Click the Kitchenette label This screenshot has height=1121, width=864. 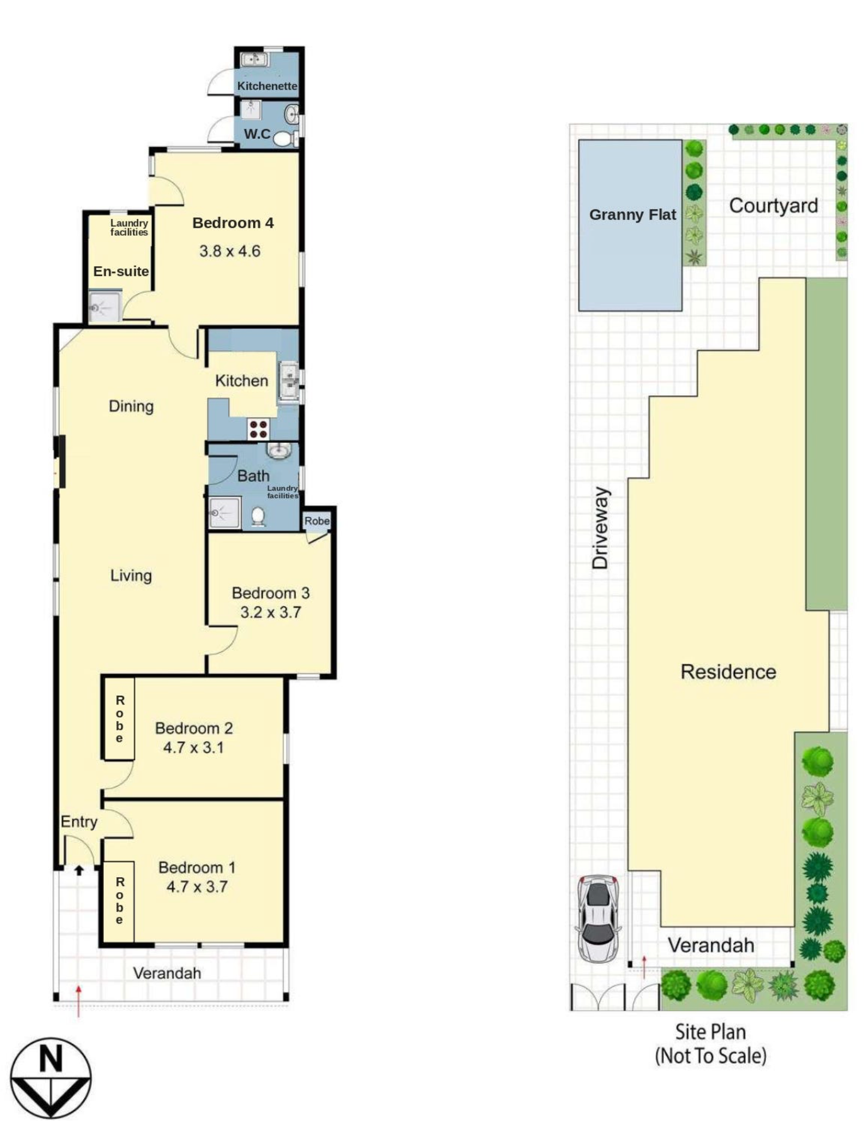point(267,86)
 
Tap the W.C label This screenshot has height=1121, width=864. point(257,134)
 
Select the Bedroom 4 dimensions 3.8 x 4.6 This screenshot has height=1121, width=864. point(230,251)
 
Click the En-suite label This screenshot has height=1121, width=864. point(121,271)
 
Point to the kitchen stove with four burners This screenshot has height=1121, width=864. point(259,429)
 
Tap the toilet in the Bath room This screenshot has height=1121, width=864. point(258,517)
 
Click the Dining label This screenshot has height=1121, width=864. point(131,407)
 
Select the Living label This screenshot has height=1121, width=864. point(131,575)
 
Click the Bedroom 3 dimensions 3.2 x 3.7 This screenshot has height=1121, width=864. point(270,612)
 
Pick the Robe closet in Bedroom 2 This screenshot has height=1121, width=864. point(119,719)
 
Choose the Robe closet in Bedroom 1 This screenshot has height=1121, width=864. point(119,902)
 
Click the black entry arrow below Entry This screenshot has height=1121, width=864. point(79,870)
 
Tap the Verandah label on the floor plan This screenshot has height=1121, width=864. point(167,973)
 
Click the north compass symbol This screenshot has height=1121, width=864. point(51,1078)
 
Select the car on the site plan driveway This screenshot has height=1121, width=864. point(598,918)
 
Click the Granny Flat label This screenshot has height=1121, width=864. point(633,215)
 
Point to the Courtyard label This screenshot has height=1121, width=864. point(773,205)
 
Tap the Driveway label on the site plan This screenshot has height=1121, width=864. point(600,528)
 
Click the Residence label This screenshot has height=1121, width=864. point(728,672)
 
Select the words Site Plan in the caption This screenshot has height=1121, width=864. point(710,1032)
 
